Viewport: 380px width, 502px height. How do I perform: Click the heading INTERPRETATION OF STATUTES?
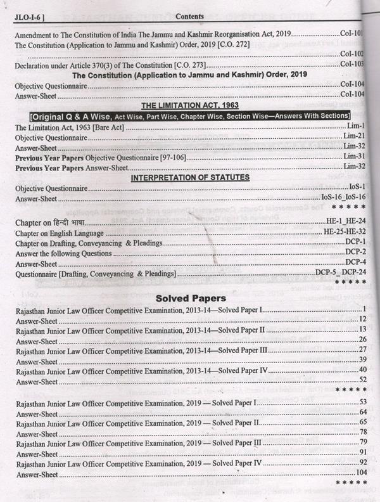(x=190, y=177)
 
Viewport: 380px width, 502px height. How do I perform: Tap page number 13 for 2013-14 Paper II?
(x=363, y=330)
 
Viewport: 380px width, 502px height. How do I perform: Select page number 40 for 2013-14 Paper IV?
(x=363, y=370)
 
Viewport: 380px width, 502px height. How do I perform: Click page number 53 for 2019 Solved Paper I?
(x=363, y=402)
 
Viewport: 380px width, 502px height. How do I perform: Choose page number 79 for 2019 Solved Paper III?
(x=363, y=442)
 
